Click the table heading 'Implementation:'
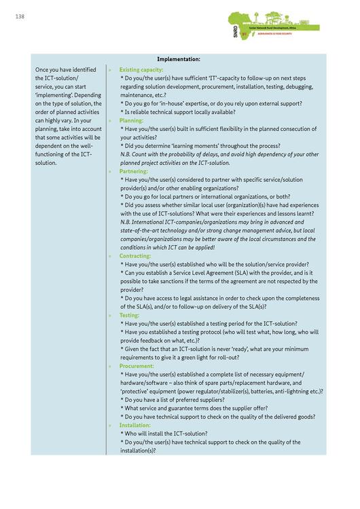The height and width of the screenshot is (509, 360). [x=179, y=59]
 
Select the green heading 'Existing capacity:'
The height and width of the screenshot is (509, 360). [x=141, y=70]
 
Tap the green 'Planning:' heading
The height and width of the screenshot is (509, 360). [x=131, y=120]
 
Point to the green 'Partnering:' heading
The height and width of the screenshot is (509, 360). [x=134, y=171]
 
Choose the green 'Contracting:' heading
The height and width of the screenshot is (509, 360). [x=135, y=256]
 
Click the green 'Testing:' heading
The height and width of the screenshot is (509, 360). [x=129, y=315]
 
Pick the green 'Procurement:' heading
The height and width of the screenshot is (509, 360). [x=137, y=366]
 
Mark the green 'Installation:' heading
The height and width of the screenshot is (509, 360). [x=135, y=425]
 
